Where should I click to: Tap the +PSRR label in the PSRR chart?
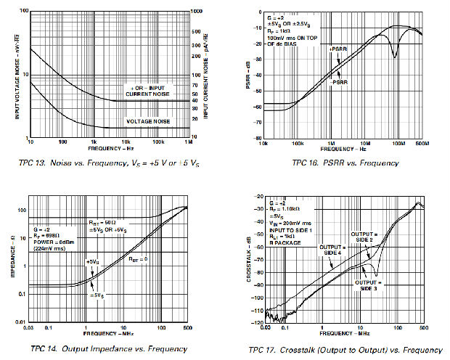337,49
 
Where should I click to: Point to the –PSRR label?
340,83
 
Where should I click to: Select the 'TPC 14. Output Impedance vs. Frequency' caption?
103,349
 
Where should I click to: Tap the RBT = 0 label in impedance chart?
140,258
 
